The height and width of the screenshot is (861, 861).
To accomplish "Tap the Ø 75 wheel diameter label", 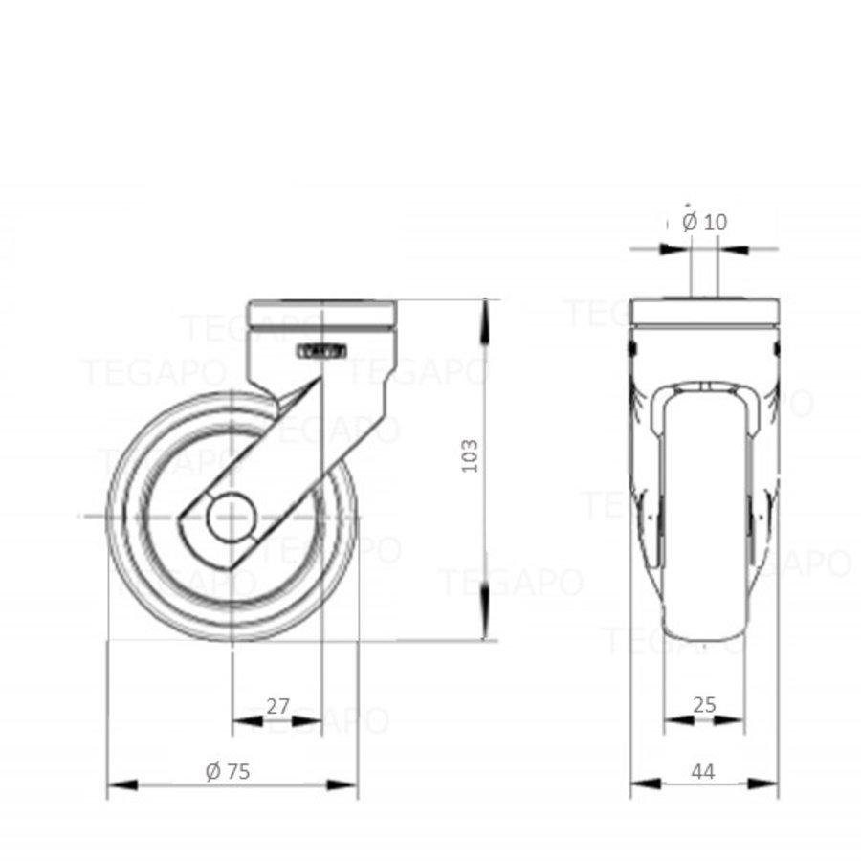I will coord(228,771).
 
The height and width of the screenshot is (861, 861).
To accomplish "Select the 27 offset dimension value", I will coord(277,707).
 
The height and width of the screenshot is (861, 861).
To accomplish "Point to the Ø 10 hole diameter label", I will coord(704,222).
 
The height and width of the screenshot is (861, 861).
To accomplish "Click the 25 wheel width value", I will coord(704,705).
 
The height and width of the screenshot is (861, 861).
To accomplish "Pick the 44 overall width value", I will coord(703,771).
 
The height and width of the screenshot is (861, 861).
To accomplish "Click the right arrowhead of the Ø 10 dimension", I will coord(732,249).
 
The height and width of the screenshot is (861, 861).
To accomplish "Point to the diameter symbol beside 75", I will coord(213,771).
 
